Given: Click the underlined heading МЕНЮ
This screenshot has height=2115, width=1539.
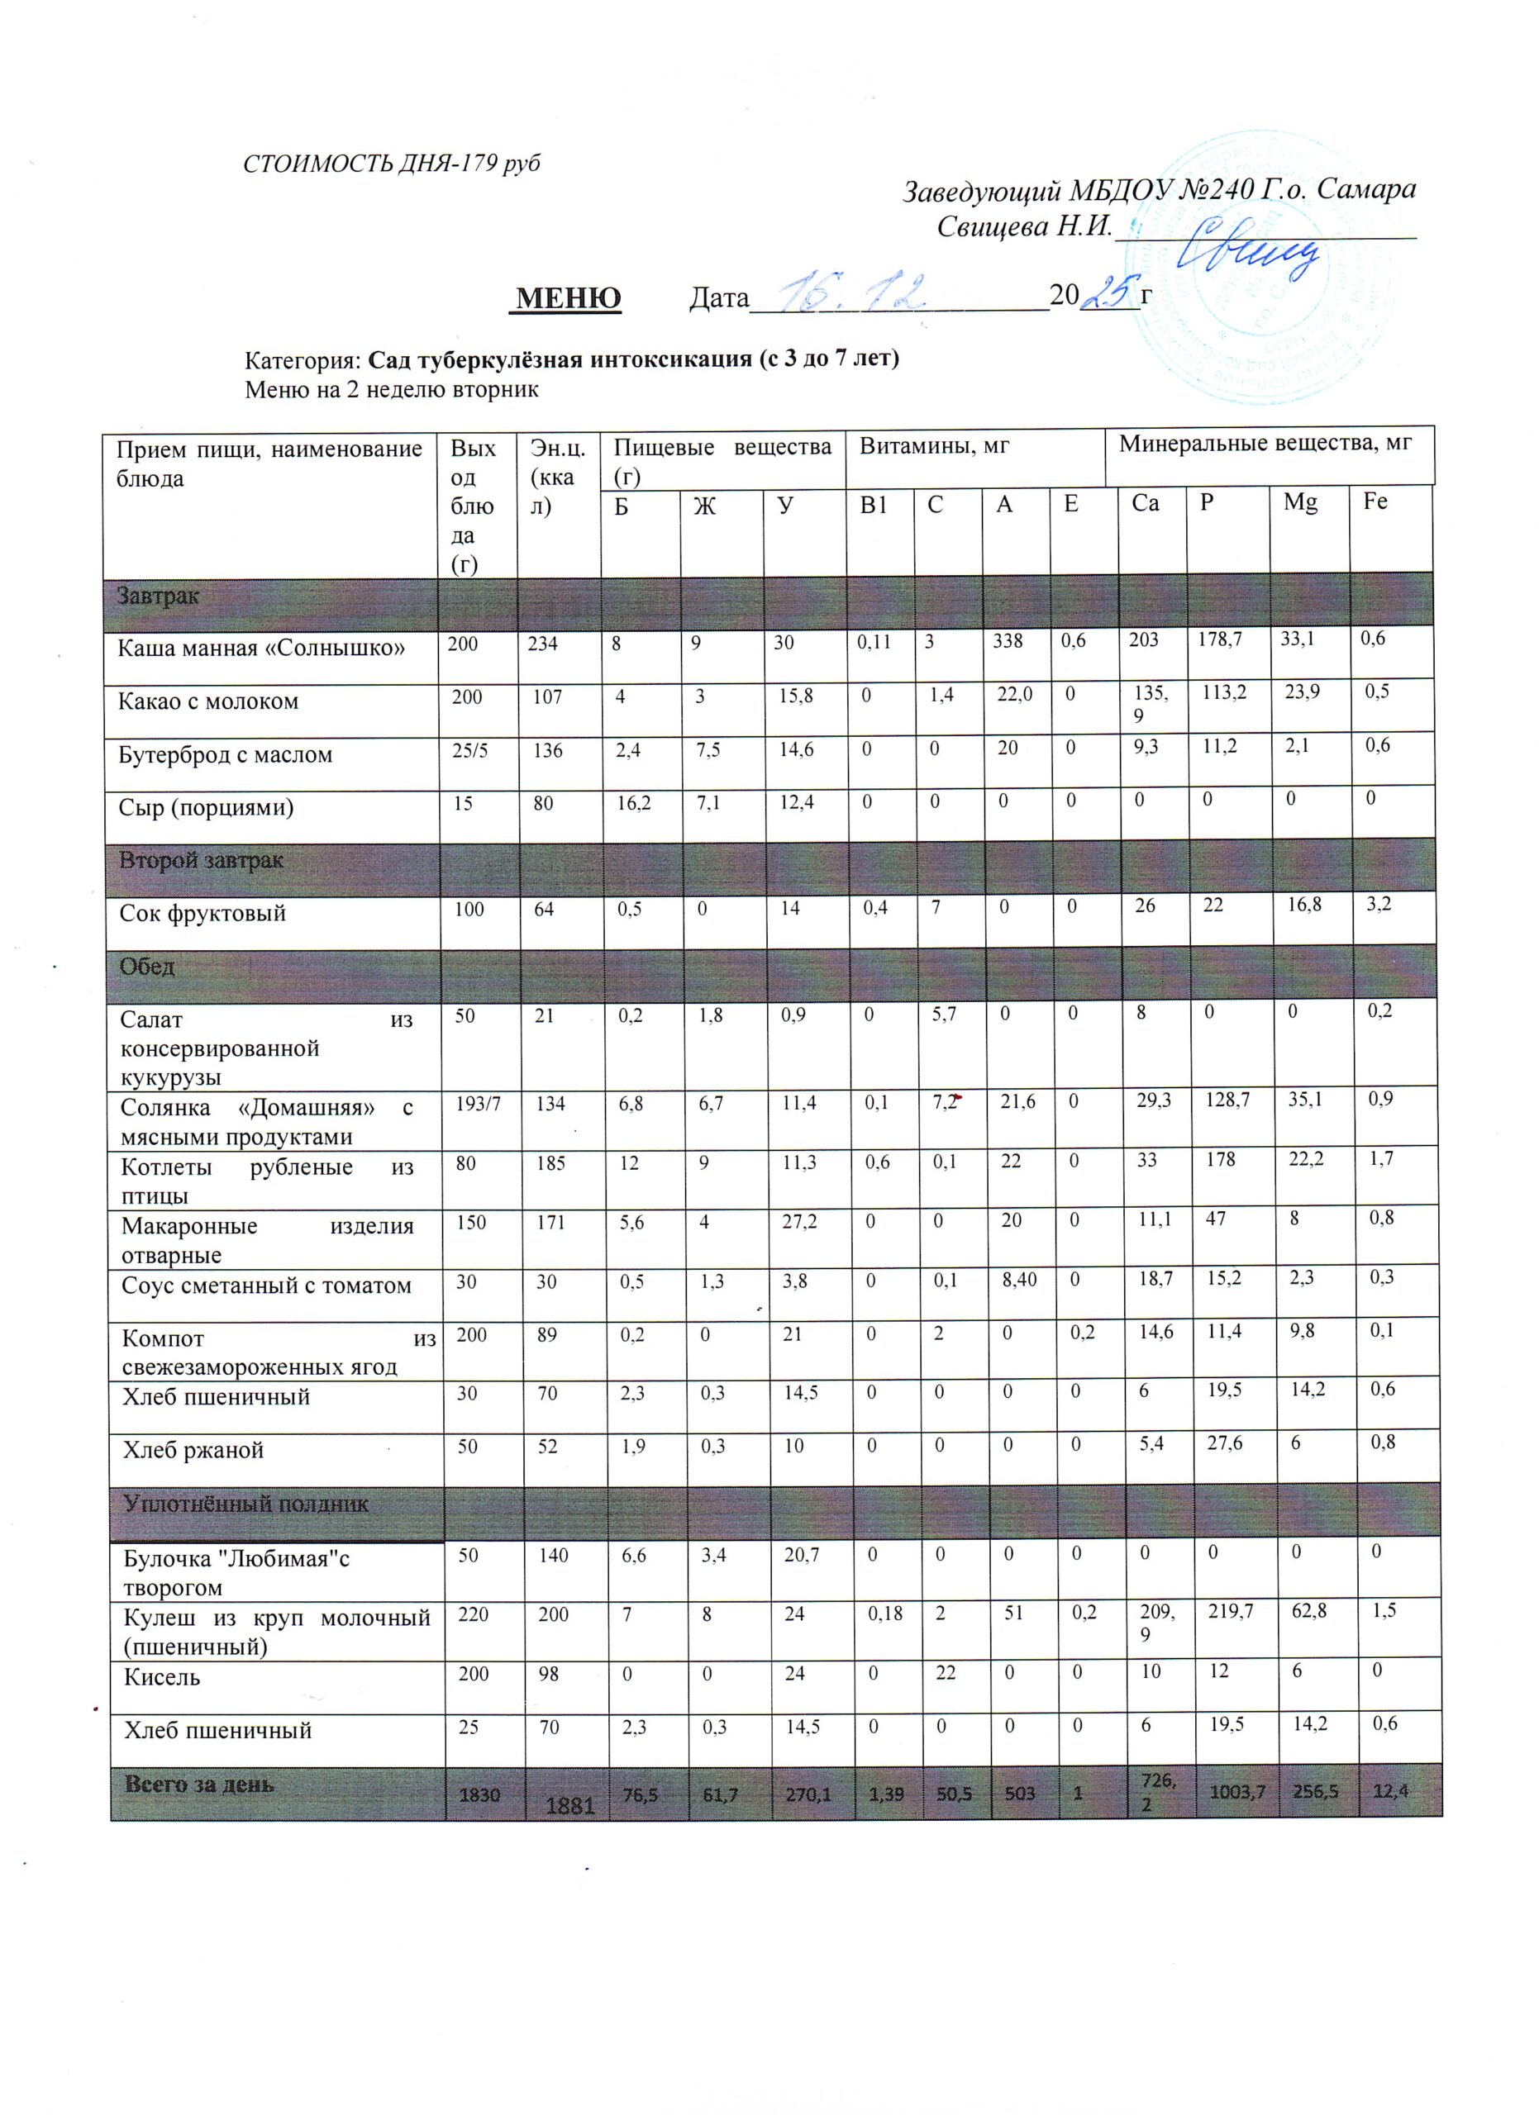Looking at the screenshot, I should tap(568, 298).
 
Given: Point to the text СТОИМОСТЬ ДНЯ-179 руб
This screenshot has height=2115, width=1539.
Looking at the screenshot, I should tap(392, 164).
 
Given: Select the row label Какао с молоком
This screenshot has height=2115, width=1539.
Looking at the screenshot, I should tap(208, 701).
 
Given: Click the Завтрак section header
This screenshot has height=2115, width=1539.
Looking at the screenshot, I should tap(158, 596).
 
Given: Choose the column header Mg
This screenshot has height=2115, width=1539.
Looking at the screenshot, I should tap(1300, 502).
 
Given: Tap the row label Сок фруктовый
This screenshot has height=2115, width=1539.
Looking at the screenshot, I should tap(202, 913).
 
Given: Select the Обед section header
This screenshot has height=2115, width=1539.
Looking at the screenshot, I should tap(147, 966).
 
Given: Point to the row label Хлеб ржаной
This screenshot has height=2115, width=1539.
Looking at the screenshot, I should tap(194, 1450).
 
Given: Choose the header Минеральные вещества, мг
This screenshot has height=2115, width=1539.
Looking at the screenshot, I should tap(1265, 444).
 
